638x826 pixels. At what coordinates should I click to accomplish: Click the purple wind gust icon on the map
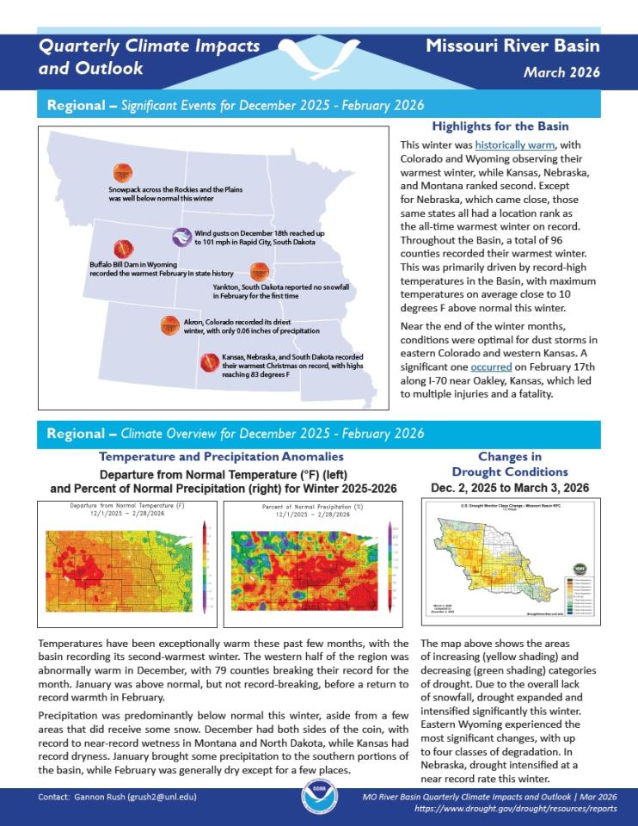click(x=181, y=235)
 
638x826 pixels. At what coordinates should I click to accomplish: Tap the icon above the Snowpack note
click(x=123, y=171)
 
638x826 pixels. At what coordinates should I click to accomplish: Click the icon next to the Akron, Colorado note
click(x=169, y=324)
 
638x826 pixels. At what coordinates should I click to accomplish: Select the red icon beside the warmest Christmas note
click(x=208, y=363)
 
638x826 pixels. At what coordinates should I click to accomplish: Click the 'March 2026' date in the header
click(x=561, y=72)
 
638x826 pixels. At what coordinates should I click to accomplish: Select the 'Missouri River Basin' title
click(x=512, y=46)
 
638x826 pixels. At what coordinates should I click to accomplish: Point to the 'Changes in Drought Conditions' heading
click(x=510, y=465)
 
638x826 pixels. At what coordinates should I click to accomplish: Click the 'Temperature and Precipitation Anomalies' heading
click(x=222, y=457)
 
